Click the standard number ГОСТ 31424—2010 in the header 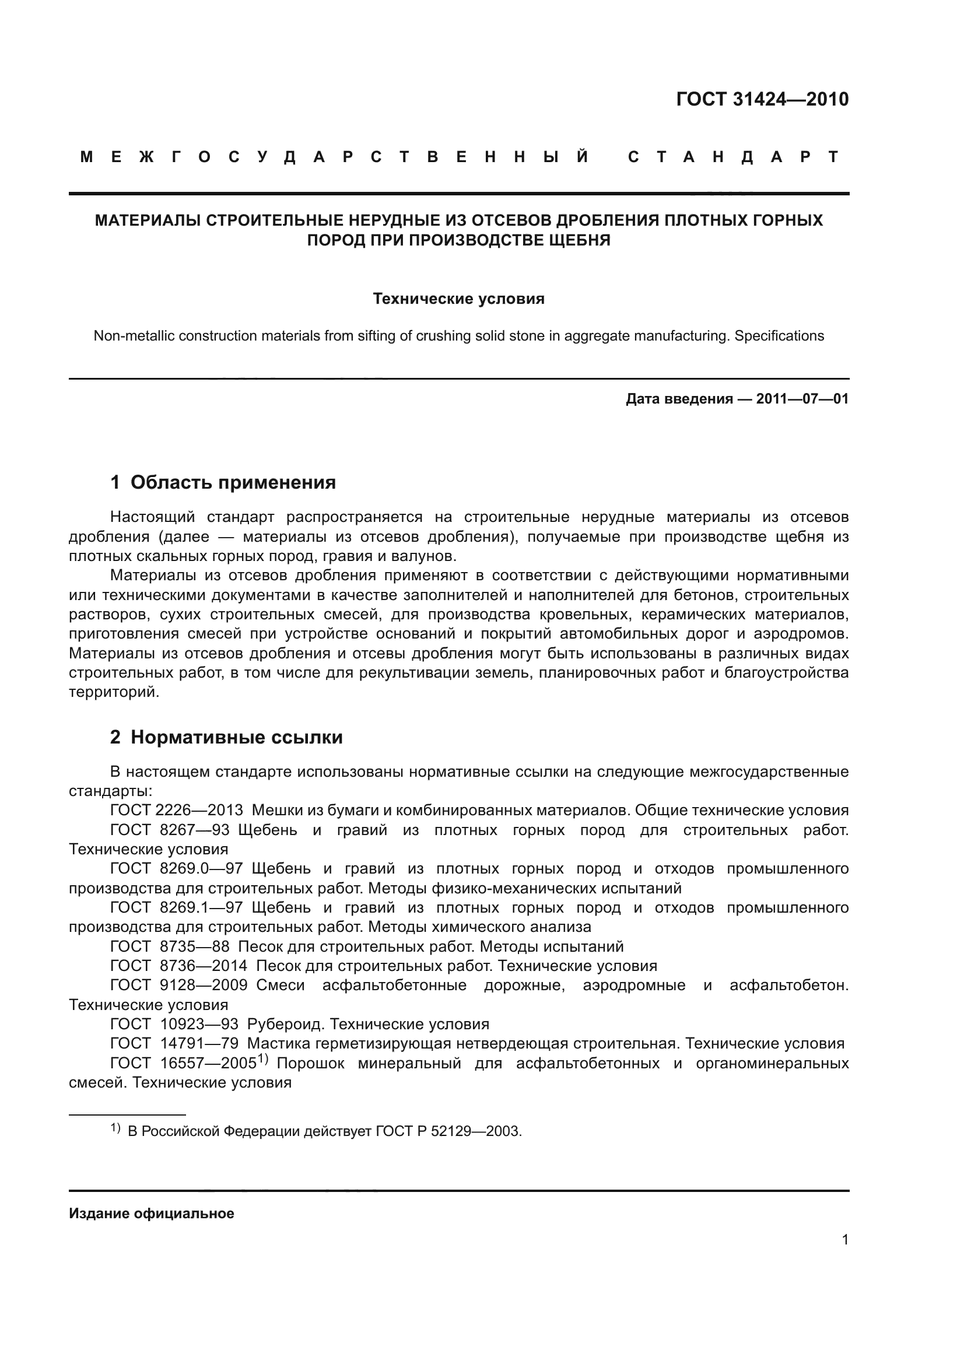click(762, 99)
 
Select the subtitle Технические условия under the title click(458, 299)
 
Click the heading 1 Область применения click(223, 482)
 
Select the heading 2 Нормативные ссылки click(226, 737)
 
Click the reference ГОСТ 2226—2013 click(176, 811)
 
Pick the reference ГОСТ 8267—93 click(170, 830)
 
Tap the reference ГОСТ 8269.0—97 click(176, 868)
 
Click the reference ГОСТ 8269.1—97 click(176, 908)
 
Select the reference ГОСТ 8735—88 click(174, 946)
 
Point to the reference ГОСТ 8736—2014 click(179, 966)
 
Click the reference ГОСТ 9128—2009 click(179, 985)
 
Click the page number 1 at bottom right click(844, 1240)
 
